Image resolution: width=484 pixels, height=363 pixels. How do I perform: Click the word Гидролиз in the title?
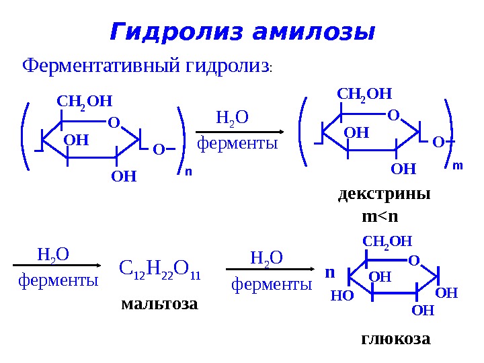coord(177,32)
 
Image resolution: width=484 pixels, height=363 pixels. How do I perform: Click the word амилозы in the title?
coord(313,32)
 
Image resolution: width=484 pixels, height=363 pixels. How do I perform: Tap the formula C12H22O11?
coord(160,270)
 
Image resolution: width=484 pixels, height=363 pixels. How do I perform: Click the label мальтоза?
coord(160,304)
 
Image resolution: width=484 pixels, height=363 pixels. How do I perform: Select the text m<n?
coord(380,216)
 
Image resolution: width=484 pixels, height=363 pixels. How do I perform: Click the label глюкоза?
coord(395,338)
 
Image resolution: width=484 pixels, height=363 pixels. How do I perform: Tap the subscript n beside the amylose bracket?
coord(188,172)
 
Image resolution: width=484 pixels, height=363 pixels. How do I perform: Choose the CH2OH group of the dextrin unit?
coord(364,93)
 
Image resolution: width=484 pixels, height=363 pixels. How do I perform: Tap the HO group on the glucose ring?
coord(342,294)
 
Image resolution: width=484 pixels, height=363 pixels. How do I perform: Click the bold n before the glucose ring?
coord(329,274)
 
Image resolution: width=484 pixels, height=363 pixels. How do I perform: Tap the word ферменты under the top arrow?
coord(237,143)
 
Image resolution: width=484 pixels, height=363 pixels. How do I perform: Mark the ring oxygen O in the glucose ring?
coord(413,259)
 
